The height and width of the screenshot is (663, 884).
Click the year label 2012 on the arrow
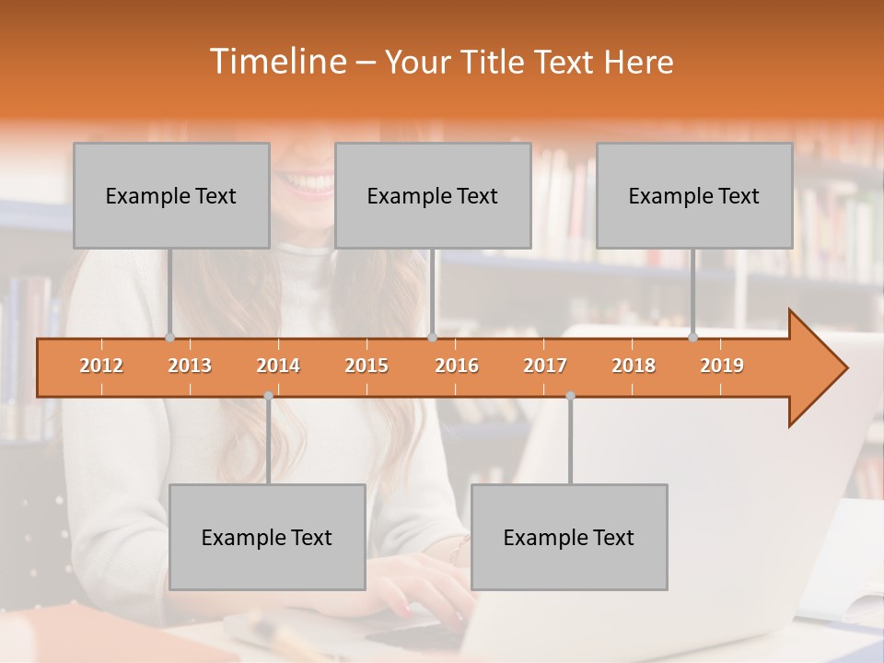coord(101,366)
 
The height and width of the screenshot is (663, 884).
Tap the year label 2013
coord(190,366)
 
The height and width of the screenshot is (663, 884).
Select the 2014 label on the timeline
coord(278,366)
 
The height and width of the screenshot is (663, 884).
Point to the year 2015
coord(366,366)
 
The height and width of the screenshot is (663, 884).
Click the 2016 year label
coord(457,366)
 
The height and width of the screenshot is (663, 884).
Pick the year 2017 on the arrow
coord(545,366)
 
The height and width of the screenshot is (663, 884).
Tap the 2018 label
coord(634,366)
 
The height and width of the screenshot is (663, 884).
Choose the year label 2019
coord(722,366)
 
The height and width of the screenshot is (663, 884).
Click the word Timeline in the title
coord(277,62)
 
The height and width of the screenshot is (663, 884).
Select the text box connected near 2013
coord(171,195)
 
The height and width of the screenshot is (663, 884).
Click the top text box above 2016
coord(433,195)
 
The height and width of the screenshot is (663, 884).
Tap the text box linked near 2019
coord(694,195)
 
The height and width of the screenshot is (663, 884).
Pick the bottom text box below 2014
coord(267,537)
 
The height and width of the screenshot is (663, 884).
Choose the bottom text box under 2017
coord(569,537)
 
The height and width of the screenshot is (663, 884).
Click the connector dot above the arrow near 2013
coord(169,337)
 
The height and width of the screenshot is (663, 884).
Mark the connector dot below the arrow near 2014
coord(268,395)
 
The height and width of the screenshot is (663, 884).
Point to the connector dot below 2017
coord(570,395)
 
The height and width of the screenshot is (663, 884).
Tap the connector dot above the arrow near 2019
coord(692,337)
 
